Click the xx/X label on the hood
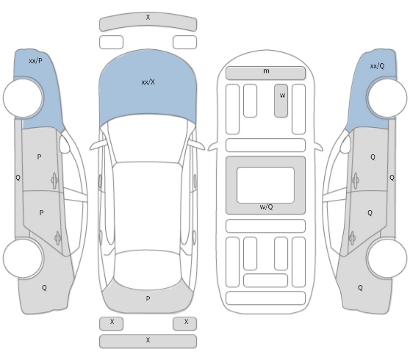click(148, 82)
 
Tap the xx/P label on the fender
click(35, 61)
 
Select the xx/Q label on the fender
click(378, 66)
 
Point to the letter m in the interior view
click(266, 71)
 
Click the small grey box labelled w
click(281, 101)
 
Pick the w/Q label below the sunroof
click(266, 207)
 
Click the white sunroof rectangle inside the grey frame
click(265, 185)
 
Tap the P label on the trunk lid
click(148, 298)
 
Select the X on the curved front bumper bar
click(148, 17)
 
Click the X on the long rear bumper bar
click(148, 340)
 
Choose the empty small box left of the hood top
click(111, 42)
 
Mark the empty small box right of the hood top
click(184, 42)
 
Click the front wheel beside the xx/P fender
click(23, 98)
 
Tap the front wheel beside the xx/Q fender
click(387, 98)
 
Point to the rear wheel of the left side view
click(23, 258)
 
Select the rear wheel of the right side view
click(387, 258)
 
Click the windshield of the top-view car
click(148, 140)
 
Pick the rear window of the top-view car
click(148, 270)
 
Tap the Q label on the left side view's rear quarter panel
click(44, 288)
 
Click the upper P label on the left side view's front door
click(39, 157)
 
